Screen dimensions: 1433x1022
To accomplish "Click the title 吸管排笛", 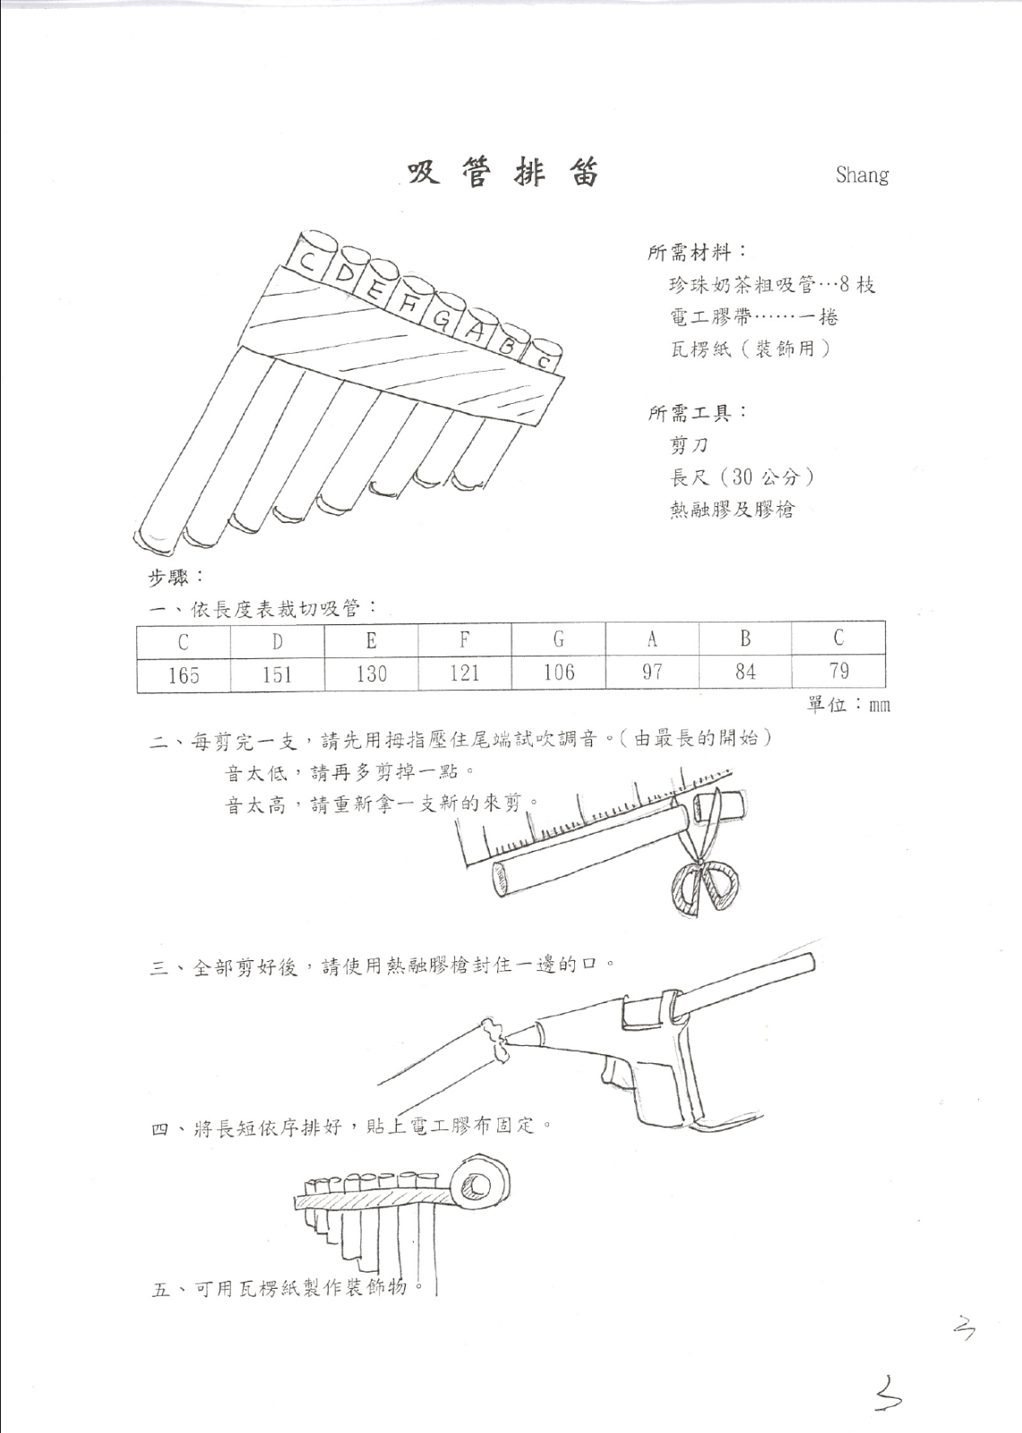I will coord(502,174).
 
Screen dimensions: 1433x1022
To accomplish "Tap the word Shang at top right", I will coord(862,174).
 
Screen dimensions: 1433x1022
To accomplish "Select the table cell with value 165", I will coord(184,674).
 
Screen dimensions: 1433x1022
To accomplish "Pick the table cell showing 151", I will coord(278,674).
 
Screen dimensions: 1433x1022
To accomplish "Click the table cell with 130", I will coord(371,674).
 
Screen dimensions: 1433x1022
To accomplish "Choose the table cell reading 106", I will coord(559,673).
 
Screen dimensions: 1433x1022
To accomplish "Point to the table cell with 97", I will coord(652,673).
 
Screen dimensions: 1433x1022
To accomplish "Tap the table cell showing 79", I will coord(838,671).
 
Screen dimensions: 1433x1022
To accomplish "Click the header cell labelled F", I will coord(465,639).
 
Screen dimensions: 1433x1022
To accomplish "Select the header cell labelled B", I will coord(745,638).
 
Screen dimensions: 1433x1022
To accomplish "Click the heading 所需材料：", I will coord(698,253).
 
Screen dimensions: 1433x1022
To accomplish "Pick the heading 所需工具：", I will coord(698,413).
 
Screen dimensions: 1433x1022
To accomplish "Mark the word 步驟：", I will coord(176,578).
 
